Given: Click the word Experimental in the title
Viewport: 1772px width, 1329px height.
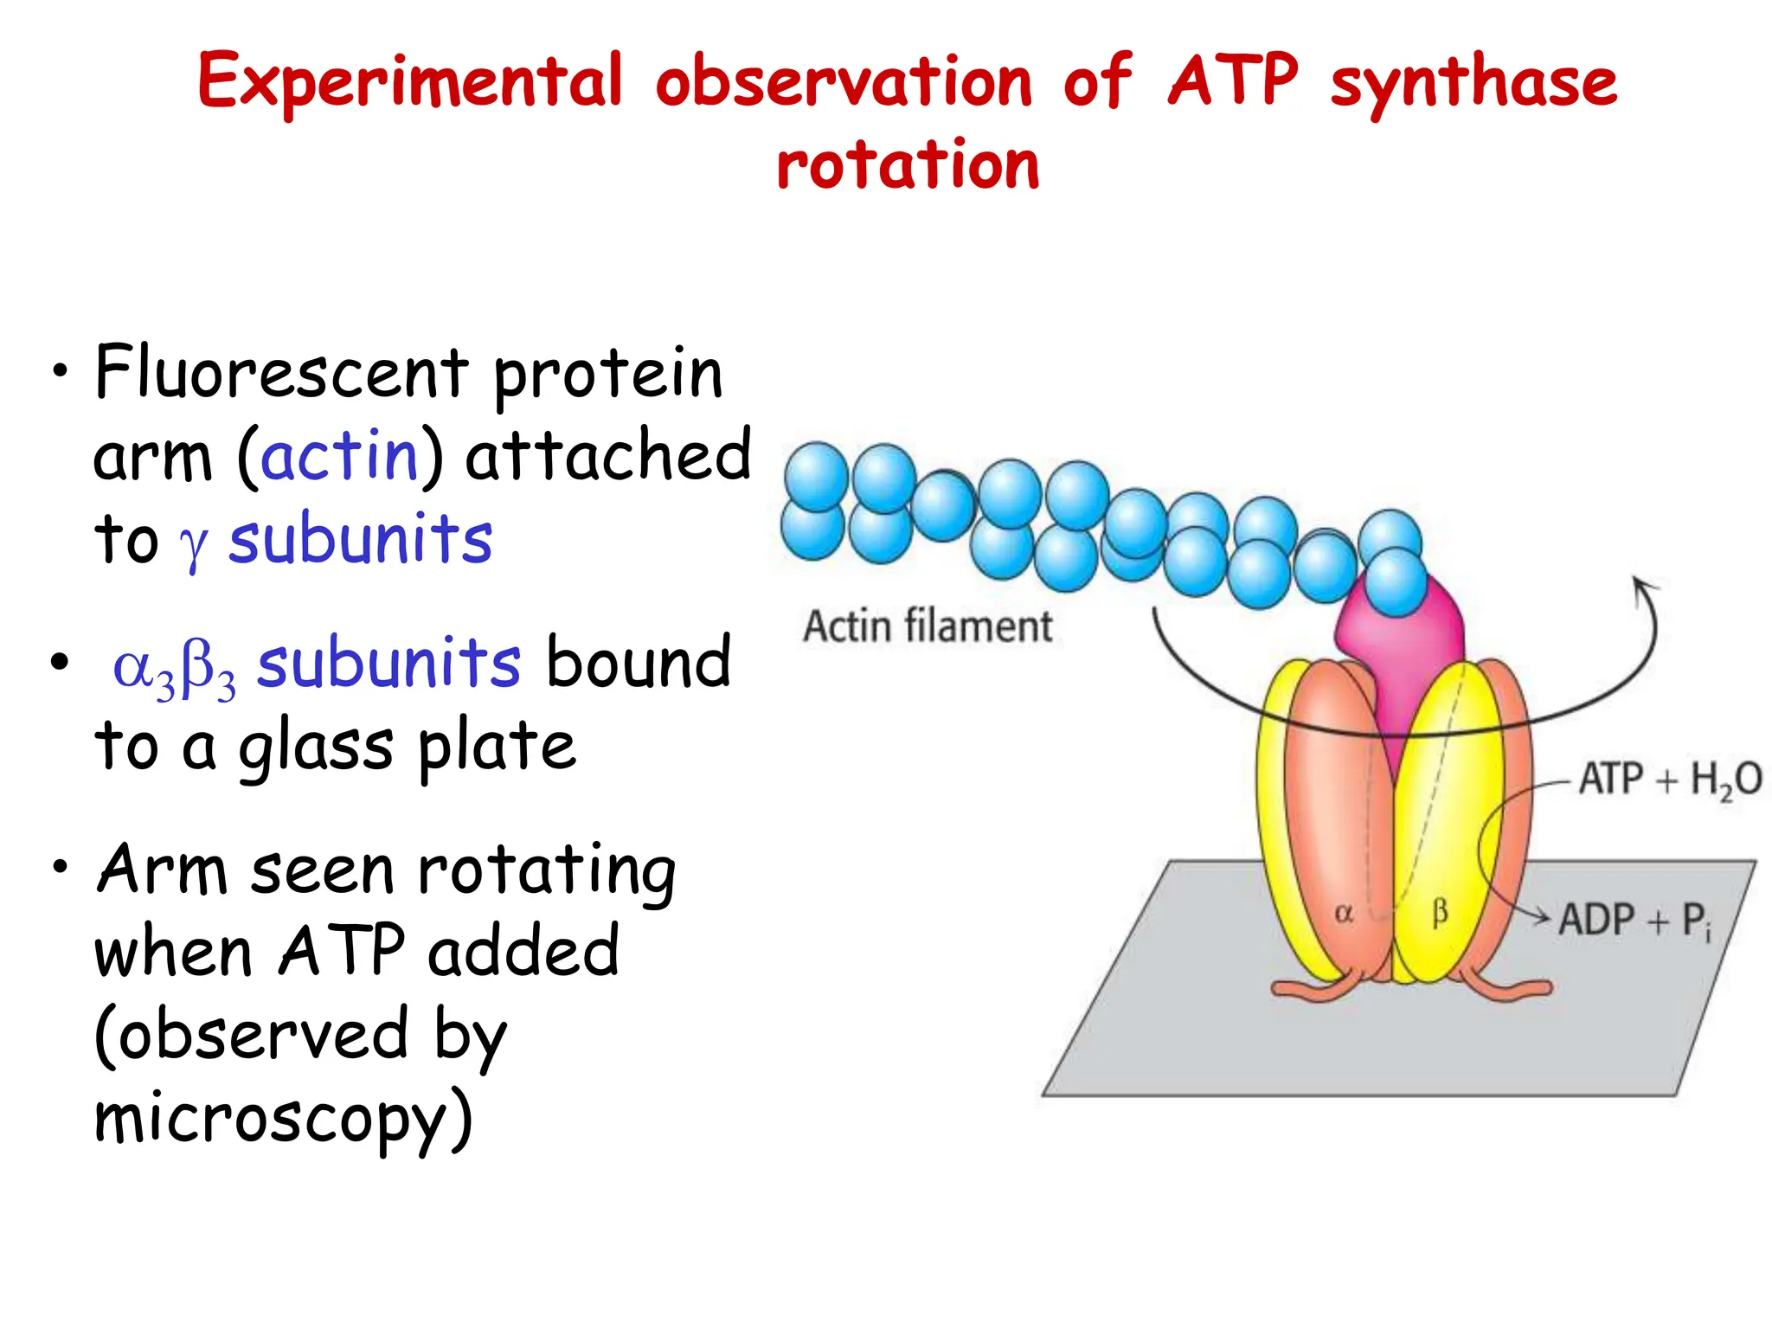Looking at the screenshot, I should pyautogui.click(x=410, y=82).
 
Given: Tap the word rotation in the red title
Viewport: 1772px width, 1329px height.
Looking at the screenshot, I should pyautogui.click(x=908, y=164).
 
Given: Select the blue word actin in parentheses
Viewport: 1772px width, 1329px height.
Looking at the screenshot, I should pyautogui.click(x=339, y=456).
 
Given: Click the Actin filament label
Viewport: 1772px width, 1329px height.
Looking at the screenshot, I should pyautogui.click(x=928, y=626).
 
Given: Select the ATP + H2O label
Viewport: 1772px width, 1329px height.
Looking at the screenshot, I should pyautogui.click(x=1668, y=780).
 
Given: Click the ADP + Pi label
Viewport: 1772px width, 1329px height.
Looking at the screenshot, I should pyautogui.click(x=1634, y=921).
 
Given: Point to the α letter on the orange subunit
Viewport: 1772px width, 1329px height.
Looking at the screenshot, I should pyautogui.click(x=1344, y=914).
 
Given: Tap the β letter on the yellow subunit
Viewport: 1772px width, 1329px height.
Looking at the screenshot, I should pyautogui.click(x=1440, y=912).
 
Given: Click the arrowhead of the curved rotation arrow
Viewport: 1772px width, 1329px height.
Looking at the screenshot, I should pyautogui.click(x=1642, y=588).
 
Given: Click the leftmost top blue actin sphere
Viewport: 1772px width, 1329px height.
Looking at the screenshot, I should pyautogui.click(x=815, y=476).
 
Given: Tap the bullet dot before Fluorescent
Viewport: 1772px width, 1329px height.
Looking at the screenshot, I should pyautogui.click(x=59, y=372).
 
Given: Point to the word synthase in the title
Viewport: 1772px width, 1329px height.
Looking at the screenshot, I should pyautogui.click(x=1473, y=82).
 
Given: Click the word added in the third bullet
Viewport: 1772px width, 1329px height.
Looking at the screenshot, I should pyautogui.click(x=523, y=952).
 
